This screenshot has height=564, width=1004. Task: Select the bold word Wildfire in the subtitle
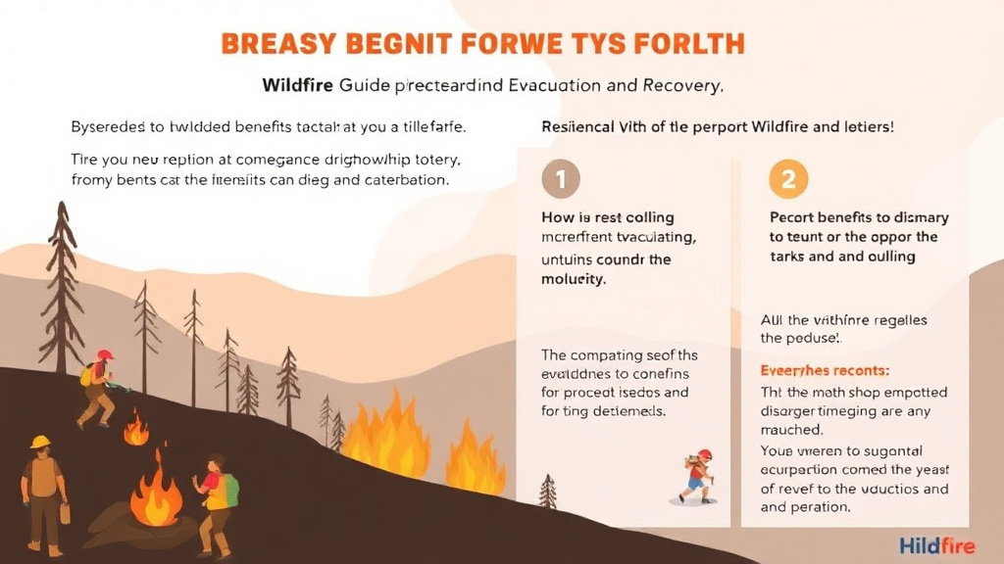click(x=298, y=85)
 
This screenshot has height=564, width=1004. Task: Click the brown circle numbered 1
click(x=561, y=179)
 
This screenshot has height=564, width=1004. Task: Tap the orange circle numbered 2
click(x=788, y=179)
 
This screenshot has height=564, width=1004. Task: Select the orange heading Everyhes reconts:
click(x=825, y=371)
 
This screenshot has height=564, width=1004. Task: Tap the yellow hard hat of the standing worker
click(x=40, y=442)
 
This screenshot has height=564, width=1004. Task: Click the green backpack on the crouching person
click(x=228, y=489)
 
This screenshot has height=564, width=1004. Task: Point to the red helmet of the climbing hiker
click(x=104, y=355)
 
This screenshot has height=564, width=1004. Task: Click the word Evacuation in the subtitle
click(x=558, y=85)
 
